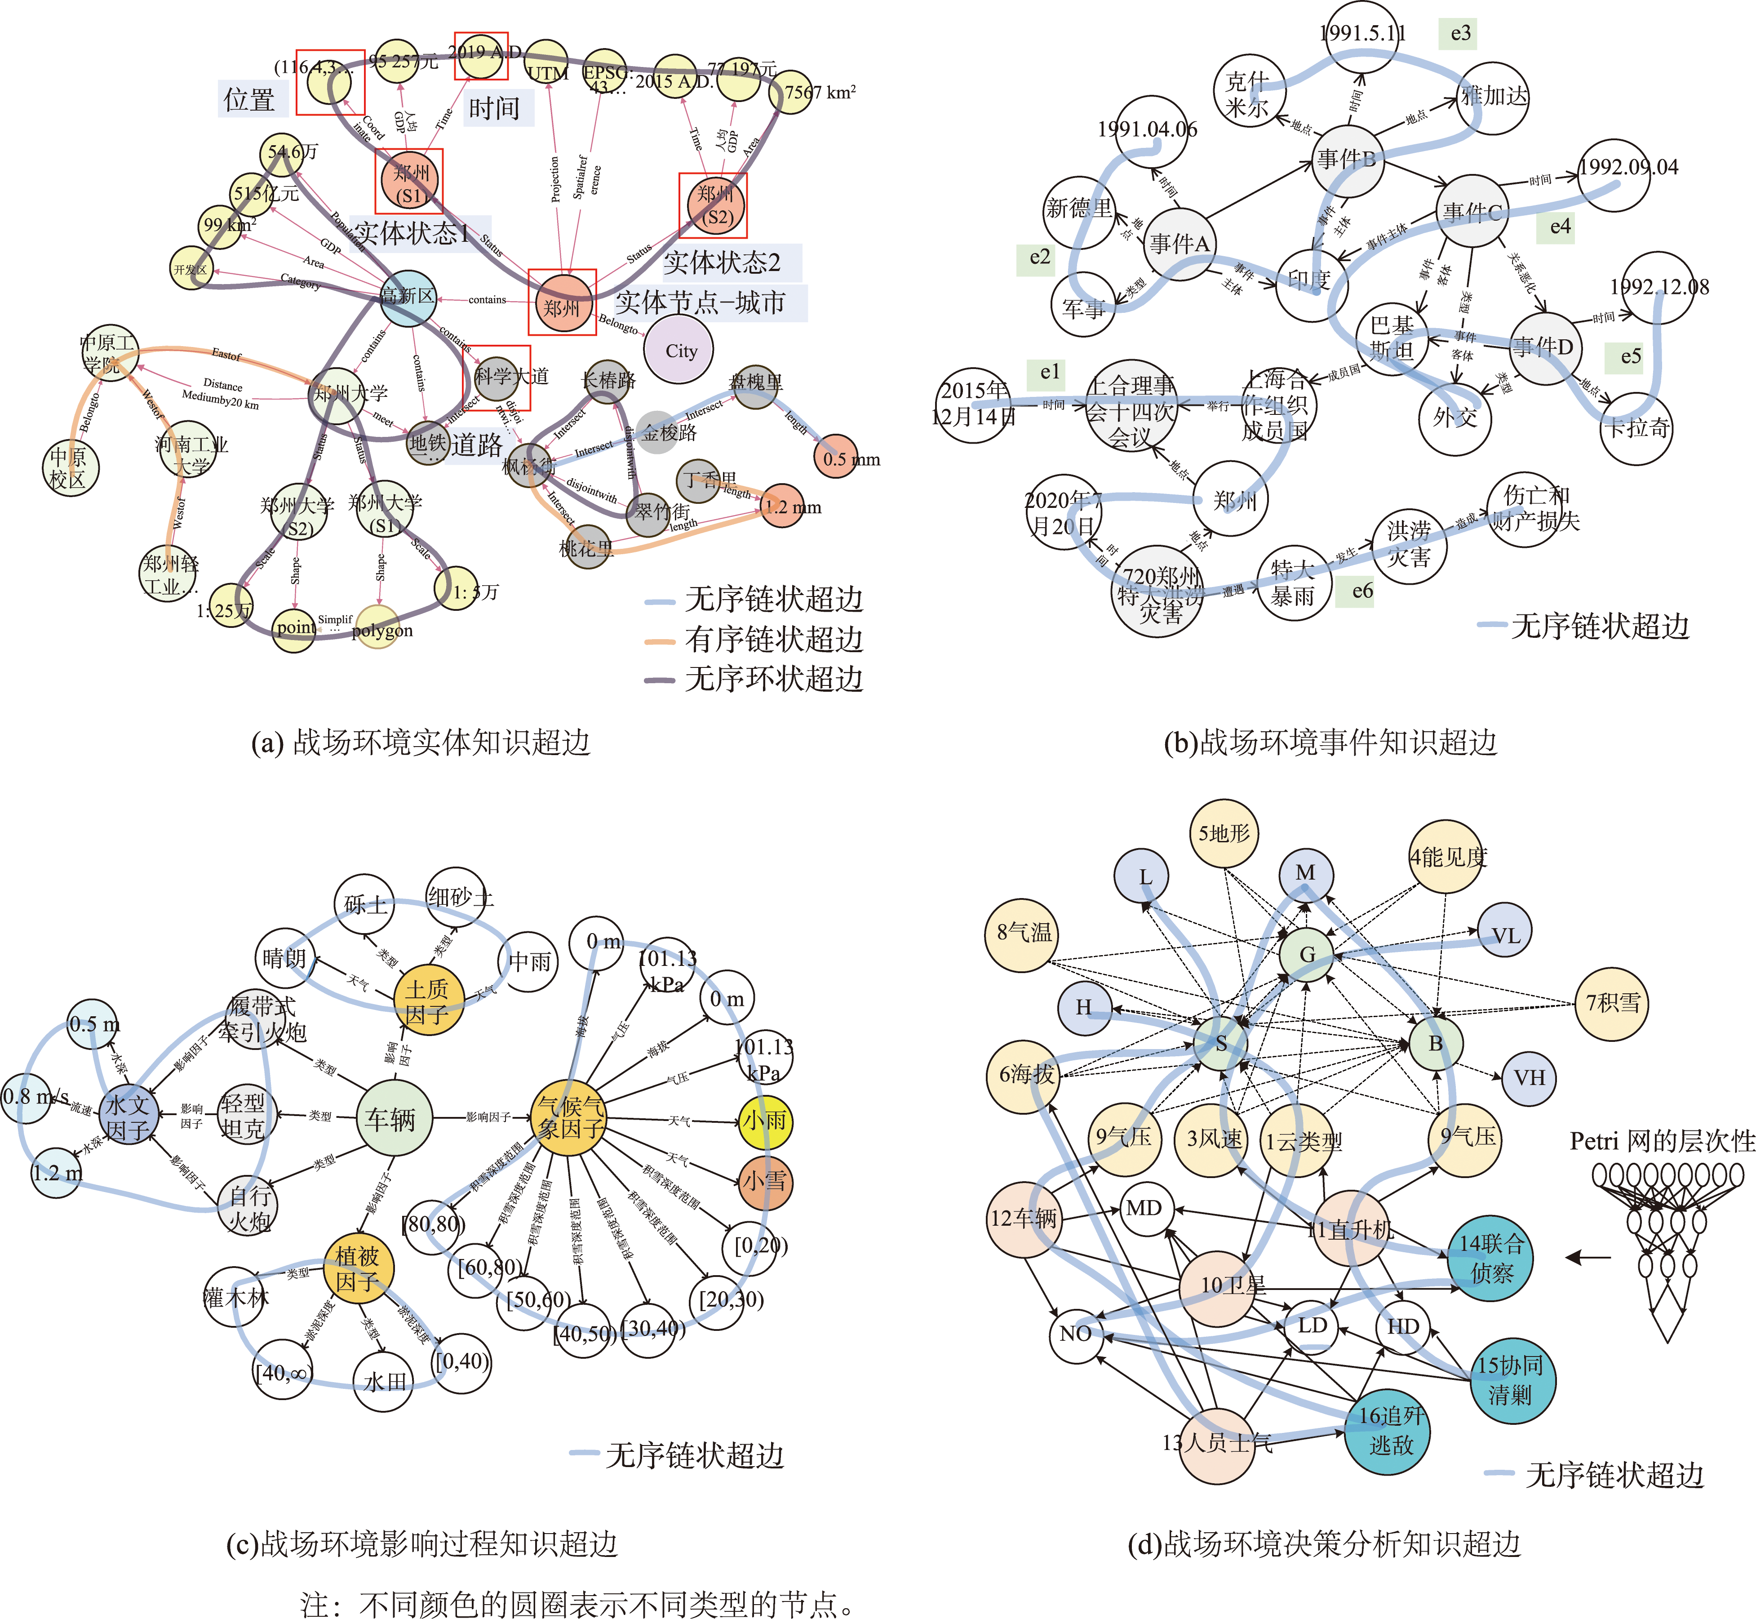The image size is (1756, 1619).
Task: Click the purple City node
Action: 679,351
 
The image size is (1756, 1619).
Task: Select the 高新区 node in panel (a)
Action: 408,297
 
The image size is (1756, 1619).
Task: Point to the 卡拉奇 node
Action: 1636,427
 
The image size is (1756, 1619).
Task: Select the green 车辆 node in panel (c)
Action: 393,1118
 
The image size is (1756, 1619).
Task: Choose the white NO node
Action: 1076,1334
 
